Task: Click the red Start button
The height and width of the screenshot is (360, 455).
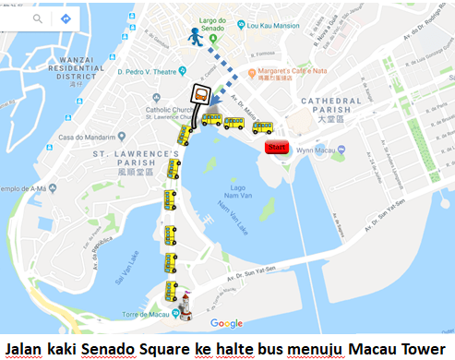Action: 276,147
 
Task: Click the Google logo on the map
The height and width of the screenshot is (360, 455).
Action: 226,323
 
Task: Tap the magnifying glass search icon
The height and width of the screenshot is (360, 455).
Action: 38,18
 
